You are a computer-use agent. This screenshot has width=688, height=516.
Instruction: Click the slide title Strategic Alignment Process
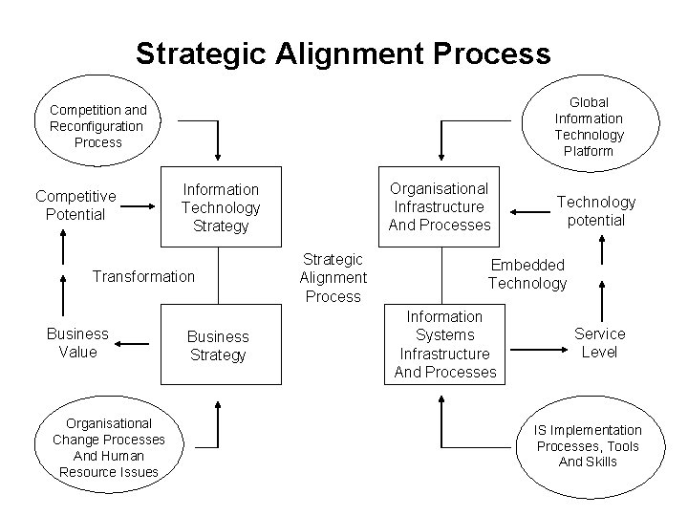click(x=343, y=52)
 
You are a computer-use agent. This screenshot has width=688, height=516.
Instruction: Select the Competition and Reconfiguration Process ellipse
click(x=98, y=126)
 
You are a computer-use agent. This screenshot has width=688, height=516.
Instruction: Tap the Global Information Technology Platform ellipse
click(x=589, y=126)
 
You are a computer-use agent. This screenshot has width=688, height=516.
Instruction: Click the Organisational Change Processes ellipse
click(x=108, y=447)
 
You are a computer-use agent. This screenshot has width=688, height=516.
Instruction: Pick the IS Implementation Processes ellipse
click(x=589, y=445)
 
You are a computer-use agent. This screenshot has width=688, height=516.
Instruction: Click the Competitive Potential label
click(x=75, y=205)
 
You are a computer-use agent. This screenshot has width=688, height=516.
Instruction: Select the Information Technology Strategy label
click(x=220, y=207)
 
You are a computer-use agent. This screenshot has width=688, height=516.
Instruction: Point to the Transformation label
click(x=142, y=276)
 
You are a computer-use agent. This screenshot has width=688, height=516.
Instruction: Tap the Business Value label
click(x=77, y=343)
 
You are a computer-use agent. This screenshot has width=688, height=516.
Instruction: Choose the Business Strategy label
click(x=217, y=346)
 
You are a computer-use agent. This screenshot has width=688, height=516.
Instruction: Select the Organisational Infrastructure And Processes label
click(x=439, y=206)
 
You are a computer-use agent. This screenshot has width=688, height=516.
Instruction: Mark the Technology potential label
click(x=596, y=210)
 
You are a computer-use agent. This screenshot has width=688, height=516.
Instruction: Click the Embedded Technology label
click(x=527, y=273)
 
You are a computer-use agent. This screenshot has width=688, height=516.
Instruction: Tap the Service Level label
click(x=599, y=342)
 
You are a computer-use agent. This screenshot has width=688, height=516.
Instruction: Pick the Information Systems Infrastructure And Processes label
click(x=445, y=344)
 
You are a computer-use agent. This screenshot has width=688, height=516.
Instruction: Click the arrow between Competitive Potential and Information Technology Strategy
click(x=140, y=205)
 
